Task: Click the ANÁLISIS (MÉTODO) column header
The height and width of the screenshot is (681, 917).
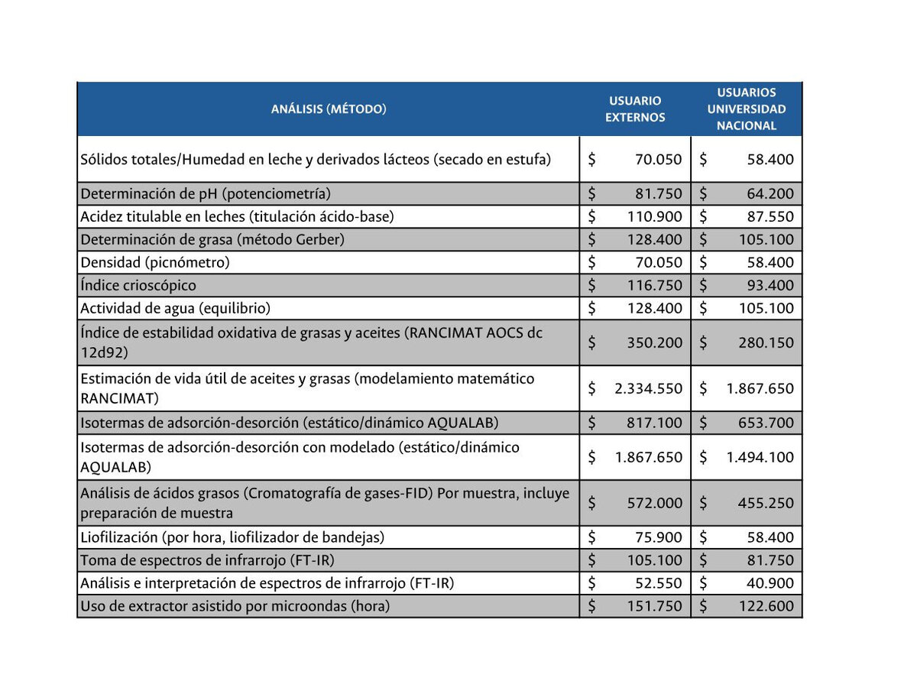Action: (329, 109)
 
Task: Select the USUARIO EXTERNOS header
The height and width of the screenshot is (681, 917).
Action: (635, 109)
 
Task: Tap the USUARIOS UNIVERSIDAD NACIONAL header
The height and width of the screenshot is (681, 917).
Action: (747, 109)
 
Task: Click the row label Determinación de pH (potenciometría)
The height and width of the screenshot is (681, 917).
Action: (206, 193)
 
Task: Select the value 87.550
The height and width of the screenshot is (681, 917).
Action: (766, 216)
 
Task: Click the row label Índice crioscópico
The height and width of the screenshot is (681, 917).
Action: (138, 285)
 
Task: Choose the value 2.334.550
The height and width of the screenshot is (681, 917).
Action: (648, 388)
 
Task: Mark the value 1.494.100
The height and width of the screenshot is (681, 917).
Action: (760, 457)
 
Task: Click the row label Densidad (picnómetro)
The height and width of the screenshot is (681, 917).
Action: (155, 262)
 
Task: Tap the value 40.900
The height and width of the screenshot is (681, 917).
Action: (770, 583)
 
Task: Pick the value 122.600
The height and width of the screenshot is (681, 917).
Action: (766, 606)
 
